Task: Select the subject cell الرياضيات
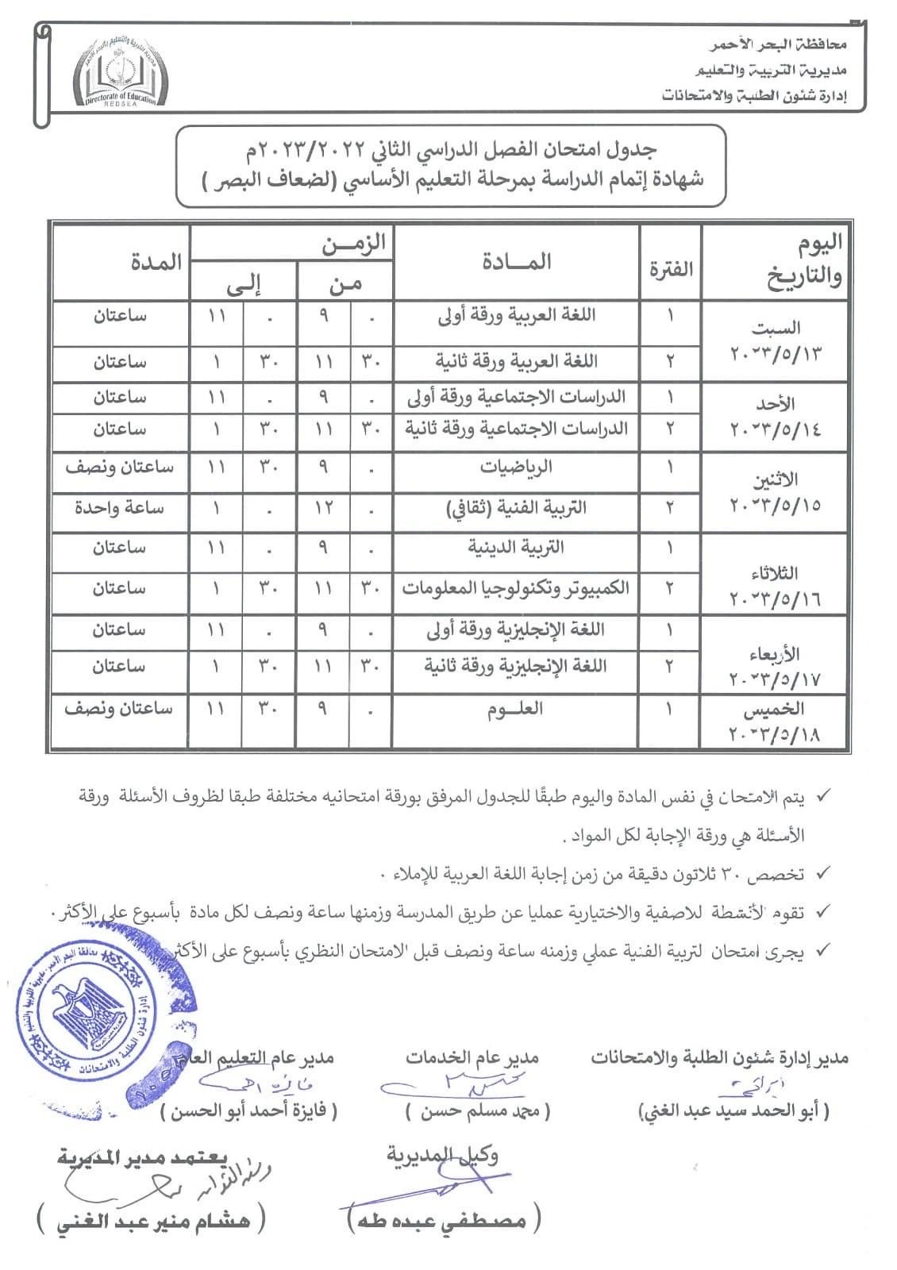(x=516, y=467)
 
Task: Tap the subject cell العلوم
(x=516, y=708)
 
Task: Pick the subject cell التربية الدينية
(x=516, y=548)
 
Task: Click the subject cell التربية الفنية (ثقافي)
(x=516, y=507)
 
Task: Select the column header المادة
(x=516, y=262)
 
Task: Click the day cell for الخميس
(x=776, y=722)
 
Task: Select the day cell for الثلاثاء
(x=776, y=585)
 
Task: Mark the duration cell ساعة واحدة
(x=120, y=507)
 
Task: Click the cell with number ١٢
(x=324, y=507)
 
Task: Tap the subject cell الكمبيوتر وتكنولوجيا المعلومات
(x=516, y=588)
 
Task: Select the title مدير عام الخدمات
(x=472, y=1057)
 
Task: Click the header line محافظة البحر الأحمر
(x=777, y=45)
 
